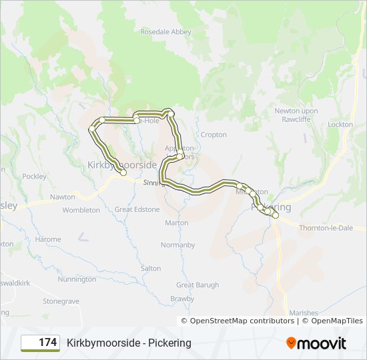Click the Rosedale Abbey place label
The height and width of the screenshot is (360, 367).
tap(165, 32)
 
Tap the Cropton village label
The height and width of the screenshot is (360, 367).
tap(214, 135)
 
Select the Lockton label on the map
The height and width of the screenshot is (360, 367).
tap(340, 125)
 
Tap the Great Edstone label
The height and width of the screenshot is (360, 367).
tap(137, 209)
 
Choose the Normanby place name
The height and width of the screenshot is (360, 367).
tap(178, 245)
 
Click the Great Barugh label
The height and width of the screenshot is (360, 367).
tap(198, 285)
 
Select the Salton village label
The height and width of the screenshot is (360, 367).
tap(151, 269)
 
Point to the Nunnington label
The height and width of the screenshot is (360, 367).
tap(77, 279)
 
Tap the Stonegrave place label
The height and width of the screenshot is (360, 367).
tap(61, 301)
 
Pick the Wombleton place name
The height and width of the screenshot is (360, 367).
tap(81, 210)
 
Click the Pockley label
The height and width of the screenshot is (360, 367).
tap(34, 177)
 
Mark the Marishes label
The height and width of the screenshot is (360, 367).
tap(304, 313)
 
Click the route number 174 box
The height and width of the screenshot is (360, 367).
tap(41, 343)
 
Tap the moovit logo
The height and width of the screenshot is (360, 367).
tap(316, 343)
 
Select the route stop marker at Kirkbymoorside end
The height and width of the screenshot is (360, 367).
tap(123, 173)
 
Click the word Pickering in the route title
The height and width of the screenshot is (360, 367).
tap(168, 343)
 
